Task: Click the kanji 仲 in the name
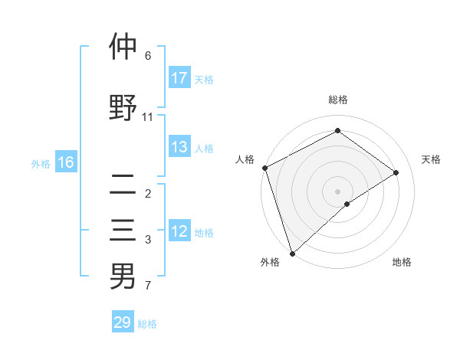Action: click(123, 47)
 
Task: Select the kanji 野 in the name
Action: click(123, 107)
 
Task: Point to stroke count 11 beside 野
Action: click(148, 117)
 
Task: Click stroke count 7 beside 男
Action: click(148, 286)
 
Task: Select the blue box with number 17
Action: click(179, 78)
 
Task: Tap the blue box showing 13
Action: click(179, 147)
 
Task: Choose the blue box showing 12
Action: click(179, 231)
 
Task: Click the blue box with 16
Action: click(66, 162)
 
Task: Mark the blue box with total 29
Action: click(123, 322)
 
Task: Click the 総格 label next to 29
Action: click(147, 324)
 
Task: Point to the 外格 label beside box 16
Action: click(41, 163)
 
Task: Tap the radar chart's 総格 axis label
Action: click(337, 100)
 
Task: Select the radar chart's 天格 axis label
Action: click(431, 159)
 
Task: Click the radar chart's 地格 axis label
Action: click(402, 262)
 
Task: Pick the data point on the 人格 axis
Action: click(264, 168)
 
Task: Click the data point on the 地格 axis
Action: click(347, 204)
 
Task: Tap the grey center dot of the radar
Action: click(337, 191)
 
